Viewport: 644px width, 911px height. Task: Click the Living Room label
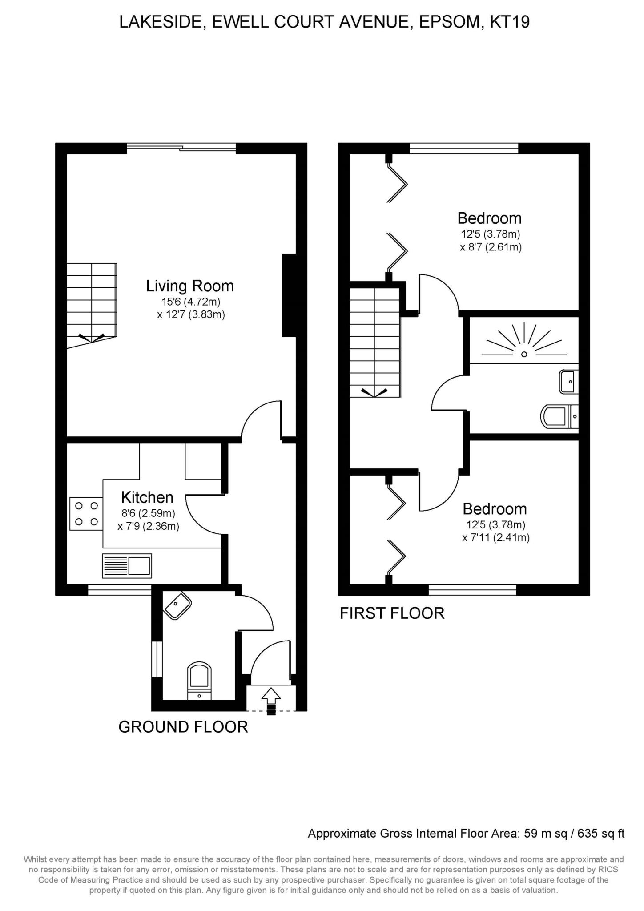190,286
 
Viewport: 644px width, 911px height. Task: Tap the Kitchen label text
147,497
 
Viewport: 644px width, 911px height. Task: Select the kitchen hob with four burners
86,514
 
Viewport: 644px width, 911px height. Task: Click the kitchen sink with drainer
127,565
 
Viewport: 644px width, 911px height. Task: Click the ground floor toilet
199,681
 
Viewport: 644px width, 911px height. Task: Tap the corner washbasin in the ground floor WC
177,606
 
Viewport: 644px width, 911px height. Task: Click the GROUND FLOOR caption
183,727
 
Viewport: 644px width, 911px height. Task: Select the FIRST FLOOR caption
392,613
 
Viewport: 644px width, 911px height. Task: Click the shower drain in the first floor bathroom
524,354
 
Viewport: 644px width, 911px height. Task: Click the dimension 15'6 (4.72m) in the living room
191,302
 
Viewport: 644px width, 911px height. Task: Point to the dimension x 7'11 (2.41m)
496,538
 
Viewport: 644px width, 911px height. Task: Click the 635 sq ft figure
601,834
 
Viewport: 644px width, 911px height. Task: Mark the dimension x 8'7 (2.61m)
491,247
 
